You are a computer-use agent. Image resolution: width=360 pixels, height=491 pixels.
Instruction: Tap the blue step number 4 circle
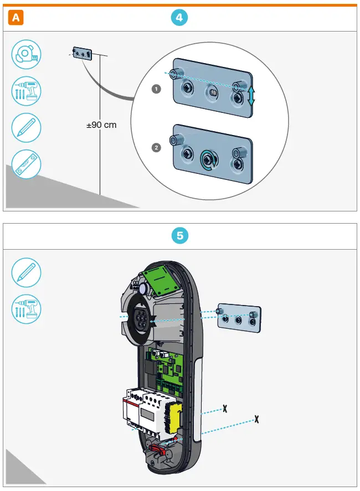179,18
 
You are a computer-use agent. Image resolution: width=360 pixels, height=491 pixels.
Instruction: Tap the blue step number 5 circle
179,236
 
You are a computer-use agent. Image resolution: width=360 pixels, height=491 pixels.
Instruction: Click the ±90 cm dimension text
101,125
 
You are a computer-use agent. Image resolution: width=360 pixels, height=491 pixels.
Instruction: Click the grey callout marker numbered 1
156,89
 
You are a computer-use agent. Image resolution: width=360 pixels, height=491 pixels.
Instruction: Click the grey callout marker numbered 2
156,148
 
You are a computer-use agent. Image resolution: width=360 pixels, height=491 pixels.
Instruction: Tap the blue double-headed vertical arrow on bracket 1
251,96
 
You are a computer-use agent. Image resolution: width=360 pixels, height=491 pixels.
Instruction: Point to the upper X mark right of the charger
225,409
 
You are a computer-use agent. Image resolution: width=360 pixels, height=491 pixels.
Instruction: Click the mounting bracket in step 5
239,318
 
